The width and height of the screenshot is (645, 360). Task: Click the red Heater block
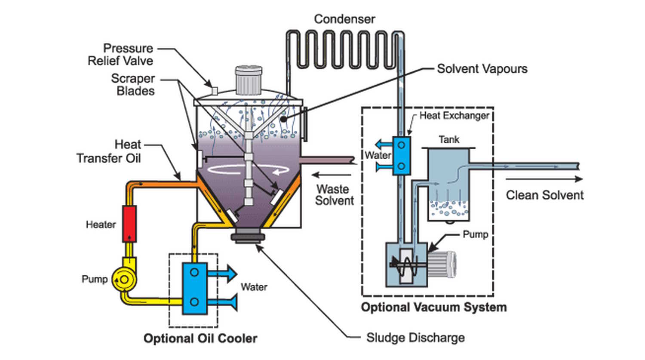click(129, 223)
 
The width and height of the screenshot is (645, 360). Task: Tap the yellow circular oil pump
click(123, 280)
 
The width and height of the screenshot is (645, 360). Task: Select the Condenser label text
click(344, 19)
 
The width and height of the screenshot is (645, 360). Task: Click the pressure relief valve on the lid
click(214, 90)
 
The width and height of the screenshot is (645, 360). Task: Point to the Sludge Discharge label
click(415, 338)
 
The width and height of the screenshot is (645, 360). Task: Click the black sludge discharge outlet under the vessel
click(248, 237)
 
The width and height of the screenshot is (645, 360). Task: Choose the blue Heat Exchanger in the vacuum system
click(401, 156)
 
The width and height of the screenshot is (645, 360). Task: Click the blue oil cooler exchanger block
click(194, 288)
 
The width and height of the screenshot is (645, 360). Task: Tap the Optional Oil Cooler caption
click(200, 338)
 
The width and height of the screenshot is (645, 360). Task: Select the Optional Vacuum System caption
click(434, 307)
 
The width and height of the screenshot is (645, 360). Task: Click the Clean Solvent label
click(544, 195)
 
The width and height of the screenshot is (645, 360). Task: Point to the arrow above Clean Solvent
click(544, 179)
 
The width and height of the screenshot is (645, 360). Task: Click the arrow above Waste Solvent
click(332, 175)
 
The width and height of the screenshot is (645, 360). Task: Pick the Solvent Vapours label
click(482, 69)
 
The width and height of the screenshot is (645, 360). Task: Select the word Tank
click(449, 140)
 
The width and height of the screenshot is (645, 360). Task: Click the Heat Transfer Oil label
click(109, 151)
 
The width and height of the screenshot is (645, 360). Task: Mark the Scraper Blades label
click(133, 85)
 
